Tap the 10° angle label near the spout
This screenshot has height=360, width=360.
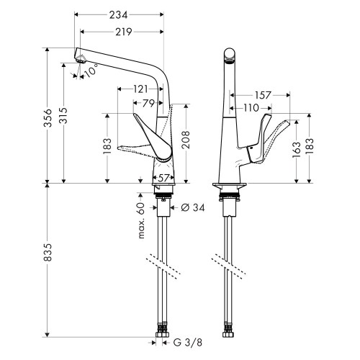(x=90, y=71)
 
